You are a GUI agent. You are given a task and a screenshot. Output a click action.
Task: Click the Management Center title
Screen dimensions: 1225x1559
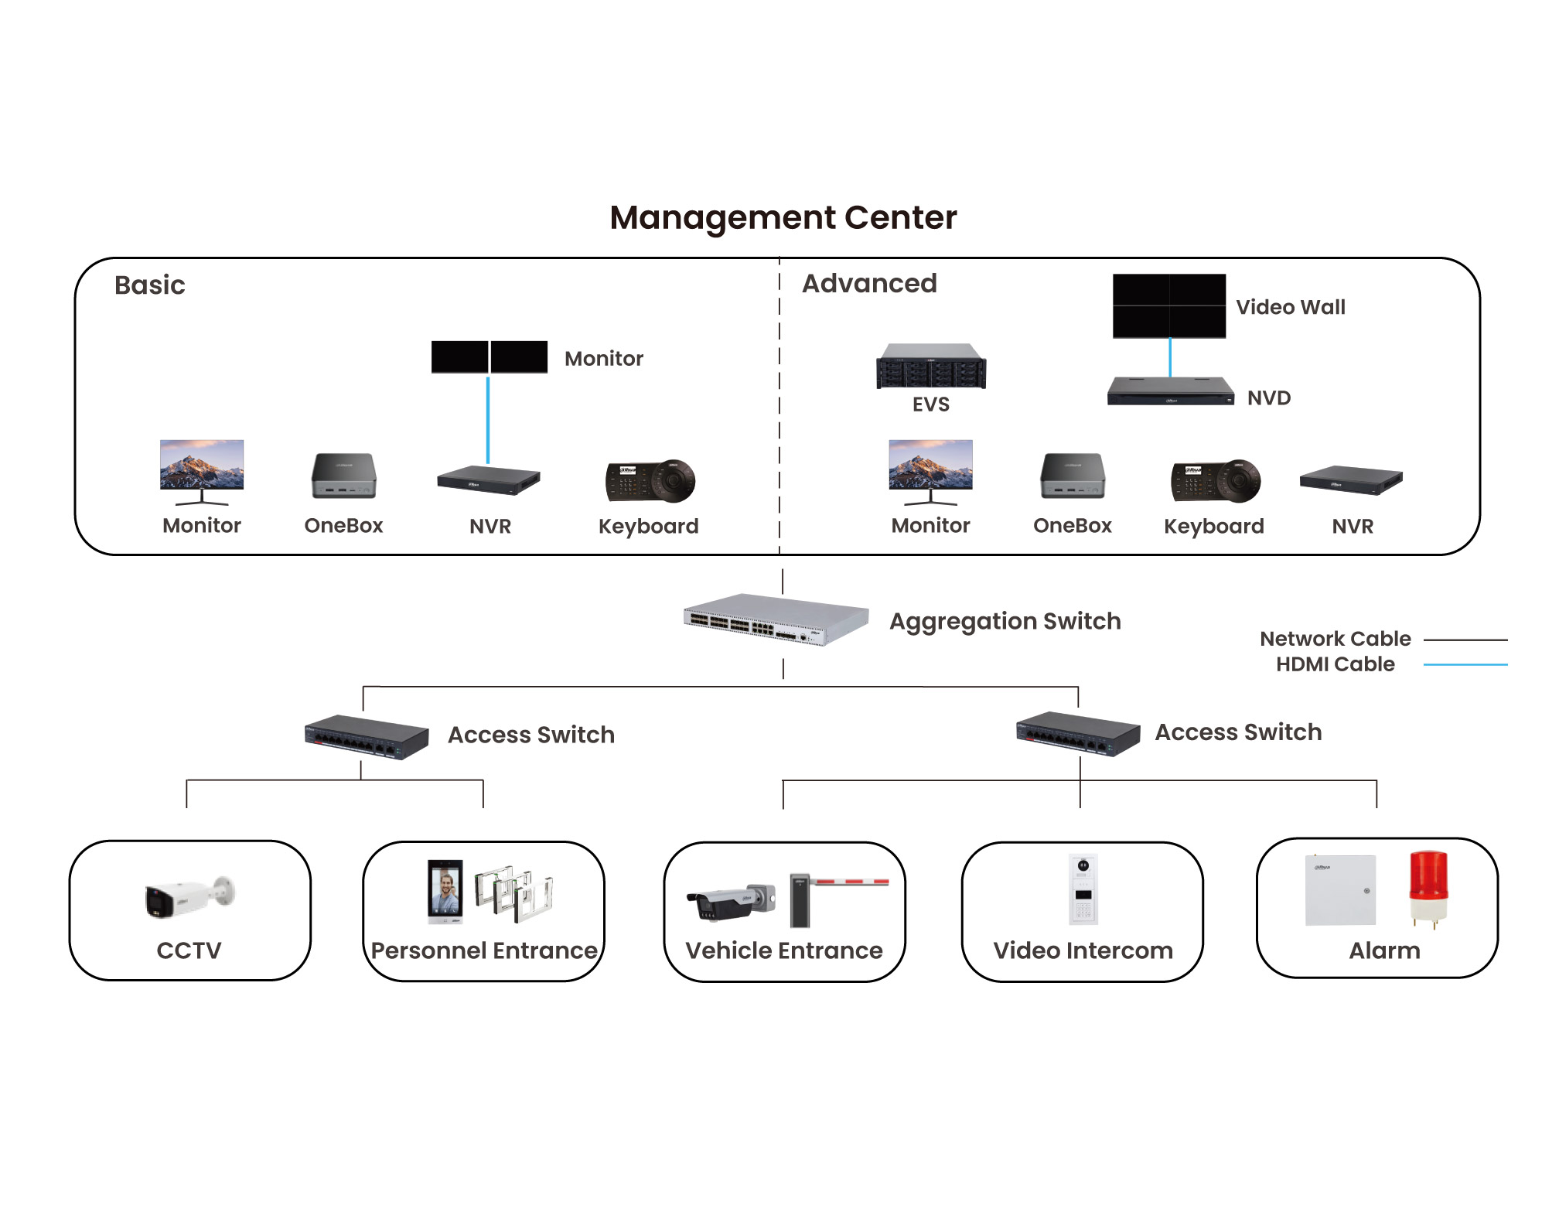783,217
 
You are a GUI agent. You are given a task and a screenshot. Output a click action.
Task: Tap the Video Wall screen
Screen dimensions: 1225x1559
1168,305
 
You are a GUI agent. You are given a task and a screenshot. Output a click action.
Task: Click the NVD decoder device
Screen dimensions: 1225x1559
1169,391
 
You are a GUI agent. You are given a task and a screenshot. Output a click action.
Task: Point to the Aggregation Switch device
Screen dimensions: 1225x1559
776,619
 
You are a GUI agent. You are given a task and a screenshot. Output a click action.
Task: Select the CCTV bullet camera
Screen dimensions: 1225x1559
189,897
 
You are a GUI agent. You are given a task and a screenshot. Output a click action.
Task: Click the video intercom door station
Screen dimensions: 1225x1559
1083,889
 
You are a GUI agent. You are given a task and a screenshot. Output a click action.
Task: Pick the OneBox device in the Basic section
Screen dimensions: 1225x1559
343,476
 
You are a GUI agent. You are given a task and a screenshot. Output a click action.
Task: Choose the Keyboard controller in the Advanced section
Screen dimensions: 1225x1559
1215,481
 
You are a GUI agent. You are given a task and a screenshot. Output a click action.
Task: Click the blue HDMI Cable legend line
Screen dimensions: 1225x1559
1465,664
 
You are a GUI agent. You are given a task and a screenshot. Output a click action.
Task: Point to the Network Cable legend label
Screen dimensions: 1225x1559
1335,639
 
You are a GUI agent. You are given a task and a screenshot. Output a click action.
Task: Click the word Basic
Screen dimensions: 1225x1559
149,285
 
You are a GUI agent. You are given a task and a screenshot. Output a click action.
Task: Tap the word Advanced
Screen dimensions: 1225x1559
869,284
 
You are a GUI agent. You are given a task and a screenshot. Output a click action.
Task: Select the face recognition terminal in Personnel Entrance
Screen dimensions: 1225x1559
445,891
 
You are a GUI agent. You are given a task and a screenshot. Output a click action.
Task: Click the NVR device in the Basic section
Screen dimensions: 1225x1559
488,480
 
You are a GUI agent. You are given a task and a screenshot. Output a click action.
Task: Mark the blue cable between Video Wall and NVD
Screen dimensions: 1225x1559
1170,357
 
